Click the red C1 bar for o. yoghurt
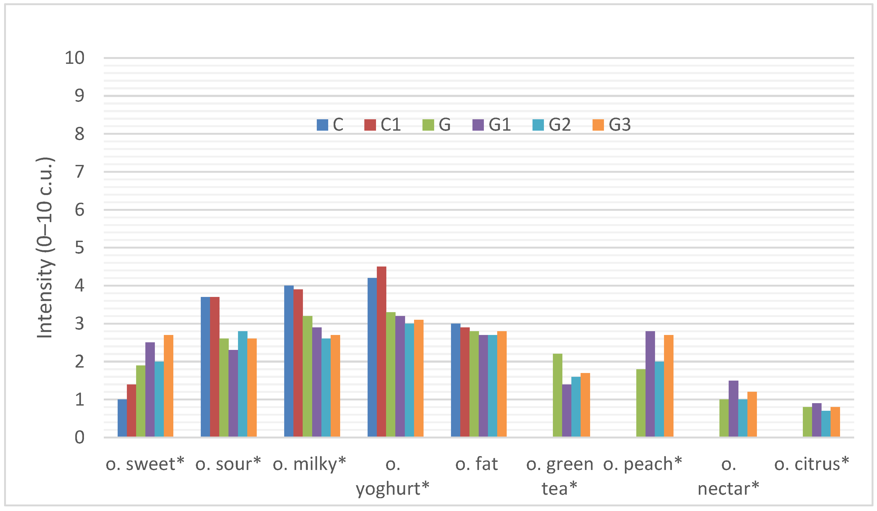[x=381, y=352]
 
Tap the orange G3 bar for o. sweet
[x=168, y=386]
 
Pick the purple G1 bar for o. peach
[x=650, y=384]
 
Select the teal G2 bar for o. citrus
[x=826, y=423]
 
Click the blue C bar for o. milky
[x=289, y=361]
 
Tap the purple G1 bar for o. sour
[x=233, y=393]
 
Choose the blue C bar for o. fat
[x=456, y=380]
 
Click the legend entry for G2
[x=552, y=125]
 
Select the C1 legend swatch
[x=370, y=125]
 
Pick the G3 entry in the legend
[x=612, y=125]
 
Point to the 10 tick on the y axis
[x=75, y=58]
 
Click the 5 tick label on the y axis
[x=79, y=248]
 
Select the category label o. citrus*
[x=812, y=464]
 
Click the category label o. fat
[x=477, y=464]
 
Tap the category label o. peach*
[x=643, y=464]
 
